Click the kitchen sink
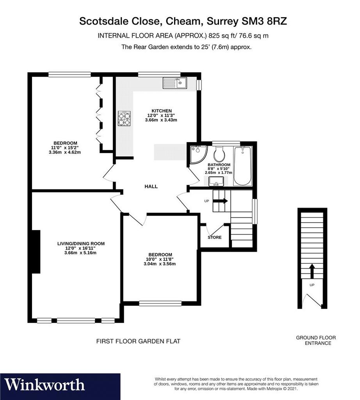[175, 83]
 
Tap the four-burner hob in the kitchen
[125, 118]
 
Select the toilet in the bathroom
[219, 154]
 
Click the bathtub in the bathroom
[242, 166]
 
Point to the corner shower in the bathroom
[198, 154]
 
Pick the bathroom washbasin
[216, 182]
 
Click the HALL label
[151, 186]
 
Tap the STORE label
[215, 237]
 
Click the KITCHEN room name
[162, 111]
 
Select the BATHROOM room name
[219, 165]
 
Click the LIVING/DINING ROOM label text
[81, 244]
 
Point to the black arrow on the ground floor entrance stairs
[312, 271]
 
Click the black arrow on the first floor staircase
[220, 201]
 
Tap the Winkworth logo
[45, 385]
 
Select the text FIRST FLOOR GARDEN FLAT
[138, 341]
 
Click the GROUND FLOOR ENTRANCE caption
[316, 340]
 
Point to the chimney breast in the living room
[36, 252]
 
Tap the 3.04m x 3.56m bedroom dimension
[160, 264]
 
